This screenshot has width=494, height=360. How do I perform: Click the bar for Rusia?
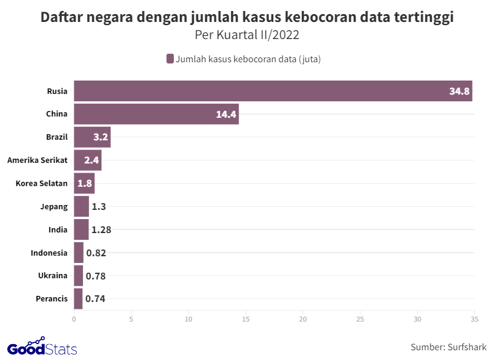(273, 91)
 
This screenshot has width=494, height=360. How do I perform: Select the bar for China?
(156, 114)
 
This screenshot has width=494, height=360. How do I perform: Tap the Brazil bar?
(92, 137)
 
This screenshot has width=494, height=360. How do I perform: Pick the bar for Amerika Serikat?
(87, 160)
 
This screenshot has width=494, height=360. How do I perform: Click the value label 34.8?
(459, 92)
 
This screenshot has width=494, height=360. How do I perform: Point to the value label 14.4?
(226, 115)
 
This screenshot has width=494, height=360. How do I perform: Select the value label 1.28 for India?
(101, 230)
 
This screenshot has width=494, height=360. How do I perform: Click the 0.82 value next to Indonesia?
(96, 253)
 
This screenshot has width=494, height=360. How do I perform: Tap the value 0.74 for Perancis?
(96, 299)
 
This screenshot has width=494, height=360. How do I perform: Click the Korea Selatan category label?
(41, 184)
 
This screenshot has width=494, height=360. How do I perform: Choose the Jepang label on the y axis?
(54, 207)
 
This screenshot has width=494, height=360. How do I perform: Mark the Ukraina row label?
(52, 276)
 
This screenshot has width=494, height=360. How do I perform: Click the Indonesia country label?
(49, 253)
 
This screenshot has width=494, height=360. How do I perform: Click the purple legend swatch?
(170, 59)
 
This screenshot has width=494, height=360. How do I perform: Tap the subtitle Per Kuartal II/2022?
(247, 35)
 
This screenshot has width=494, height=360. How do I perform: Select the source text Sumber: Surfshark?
(448, 347)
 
